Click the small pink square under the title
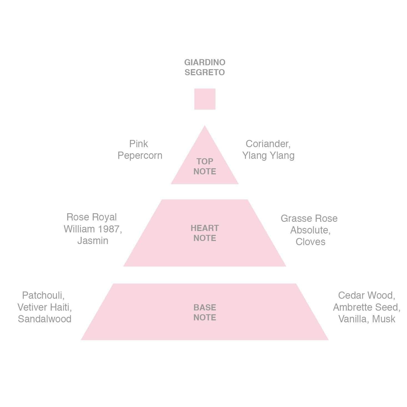point(205,99)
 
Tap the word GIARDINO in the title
point(205,62)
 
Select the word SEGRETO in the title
point(205,72)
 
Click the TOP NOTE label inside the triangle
point(205,166)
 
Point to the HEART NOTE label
point(205,233)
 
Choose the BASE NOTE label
point(205,313)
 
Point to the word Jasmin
point(93,241)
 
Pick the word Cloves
point(310,242)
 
